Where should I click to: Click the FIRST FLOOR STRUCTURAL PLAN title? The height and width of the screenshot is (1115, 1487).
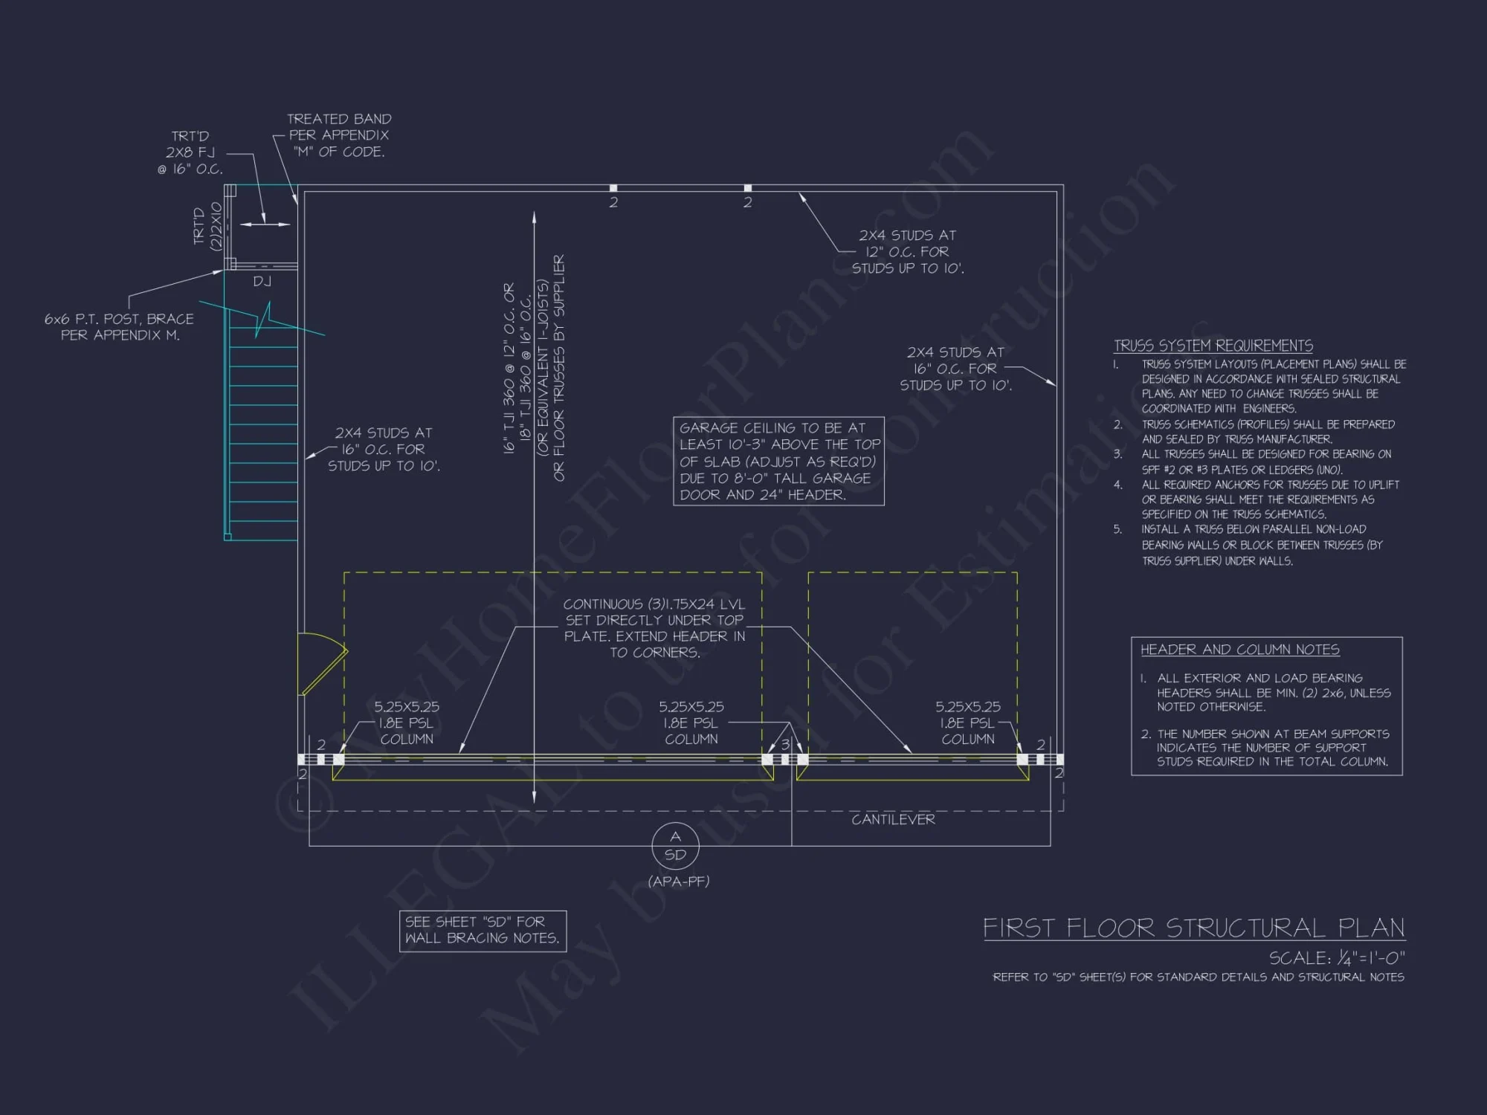(1194, 928)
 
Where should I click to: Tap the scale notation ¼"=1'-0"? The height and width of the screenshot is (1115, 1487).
(1337, 958)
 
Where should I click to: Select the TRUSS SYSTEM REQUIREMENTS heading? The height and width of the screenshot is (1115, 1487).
(1213, 346)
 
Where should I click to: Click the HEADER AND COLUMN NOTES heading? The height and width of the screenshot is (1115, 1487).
(1239, 650)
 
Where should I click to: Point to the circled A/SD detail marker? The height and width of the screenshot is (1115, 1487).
(675, 846)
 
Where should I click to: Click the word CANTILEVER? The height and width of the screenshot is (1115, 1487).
(893, 819)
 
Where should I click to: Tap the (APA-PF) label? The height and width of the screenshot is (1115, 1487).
(679, 882)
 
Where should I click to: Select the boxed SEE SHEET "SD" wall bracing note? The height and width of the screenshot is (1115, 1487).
(483, 931)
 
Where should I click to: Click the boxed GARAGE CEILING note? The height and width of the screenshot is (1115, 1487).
(778, 461)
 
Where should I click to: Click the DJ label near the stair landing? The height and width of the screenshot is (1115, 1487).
(262, 281)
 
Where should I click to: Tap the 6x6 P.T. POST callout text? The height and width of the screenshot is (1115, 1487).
(119, 327)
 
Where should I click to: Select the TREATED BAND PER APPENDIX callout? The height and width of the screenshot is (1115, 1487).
(339, 135)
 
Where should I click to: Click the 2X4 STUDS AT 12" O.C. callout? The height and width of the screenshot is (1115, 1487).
(907, 252)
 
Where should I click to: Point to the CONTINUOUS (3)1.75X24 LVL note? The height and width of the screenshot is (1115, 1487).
(654, 628)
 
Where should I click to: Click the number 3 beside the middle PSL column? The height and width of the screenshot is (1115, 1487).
(785, 744)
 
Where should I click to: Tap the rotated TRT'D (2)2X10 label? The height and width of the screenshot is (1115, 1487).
(207, 226)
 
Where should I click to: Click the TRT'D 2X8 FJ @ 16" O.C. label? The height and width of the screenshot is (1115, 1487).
(190, 152)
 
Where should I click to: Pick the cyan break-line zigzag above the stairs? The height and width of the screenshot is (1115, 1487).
(263, 320)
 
